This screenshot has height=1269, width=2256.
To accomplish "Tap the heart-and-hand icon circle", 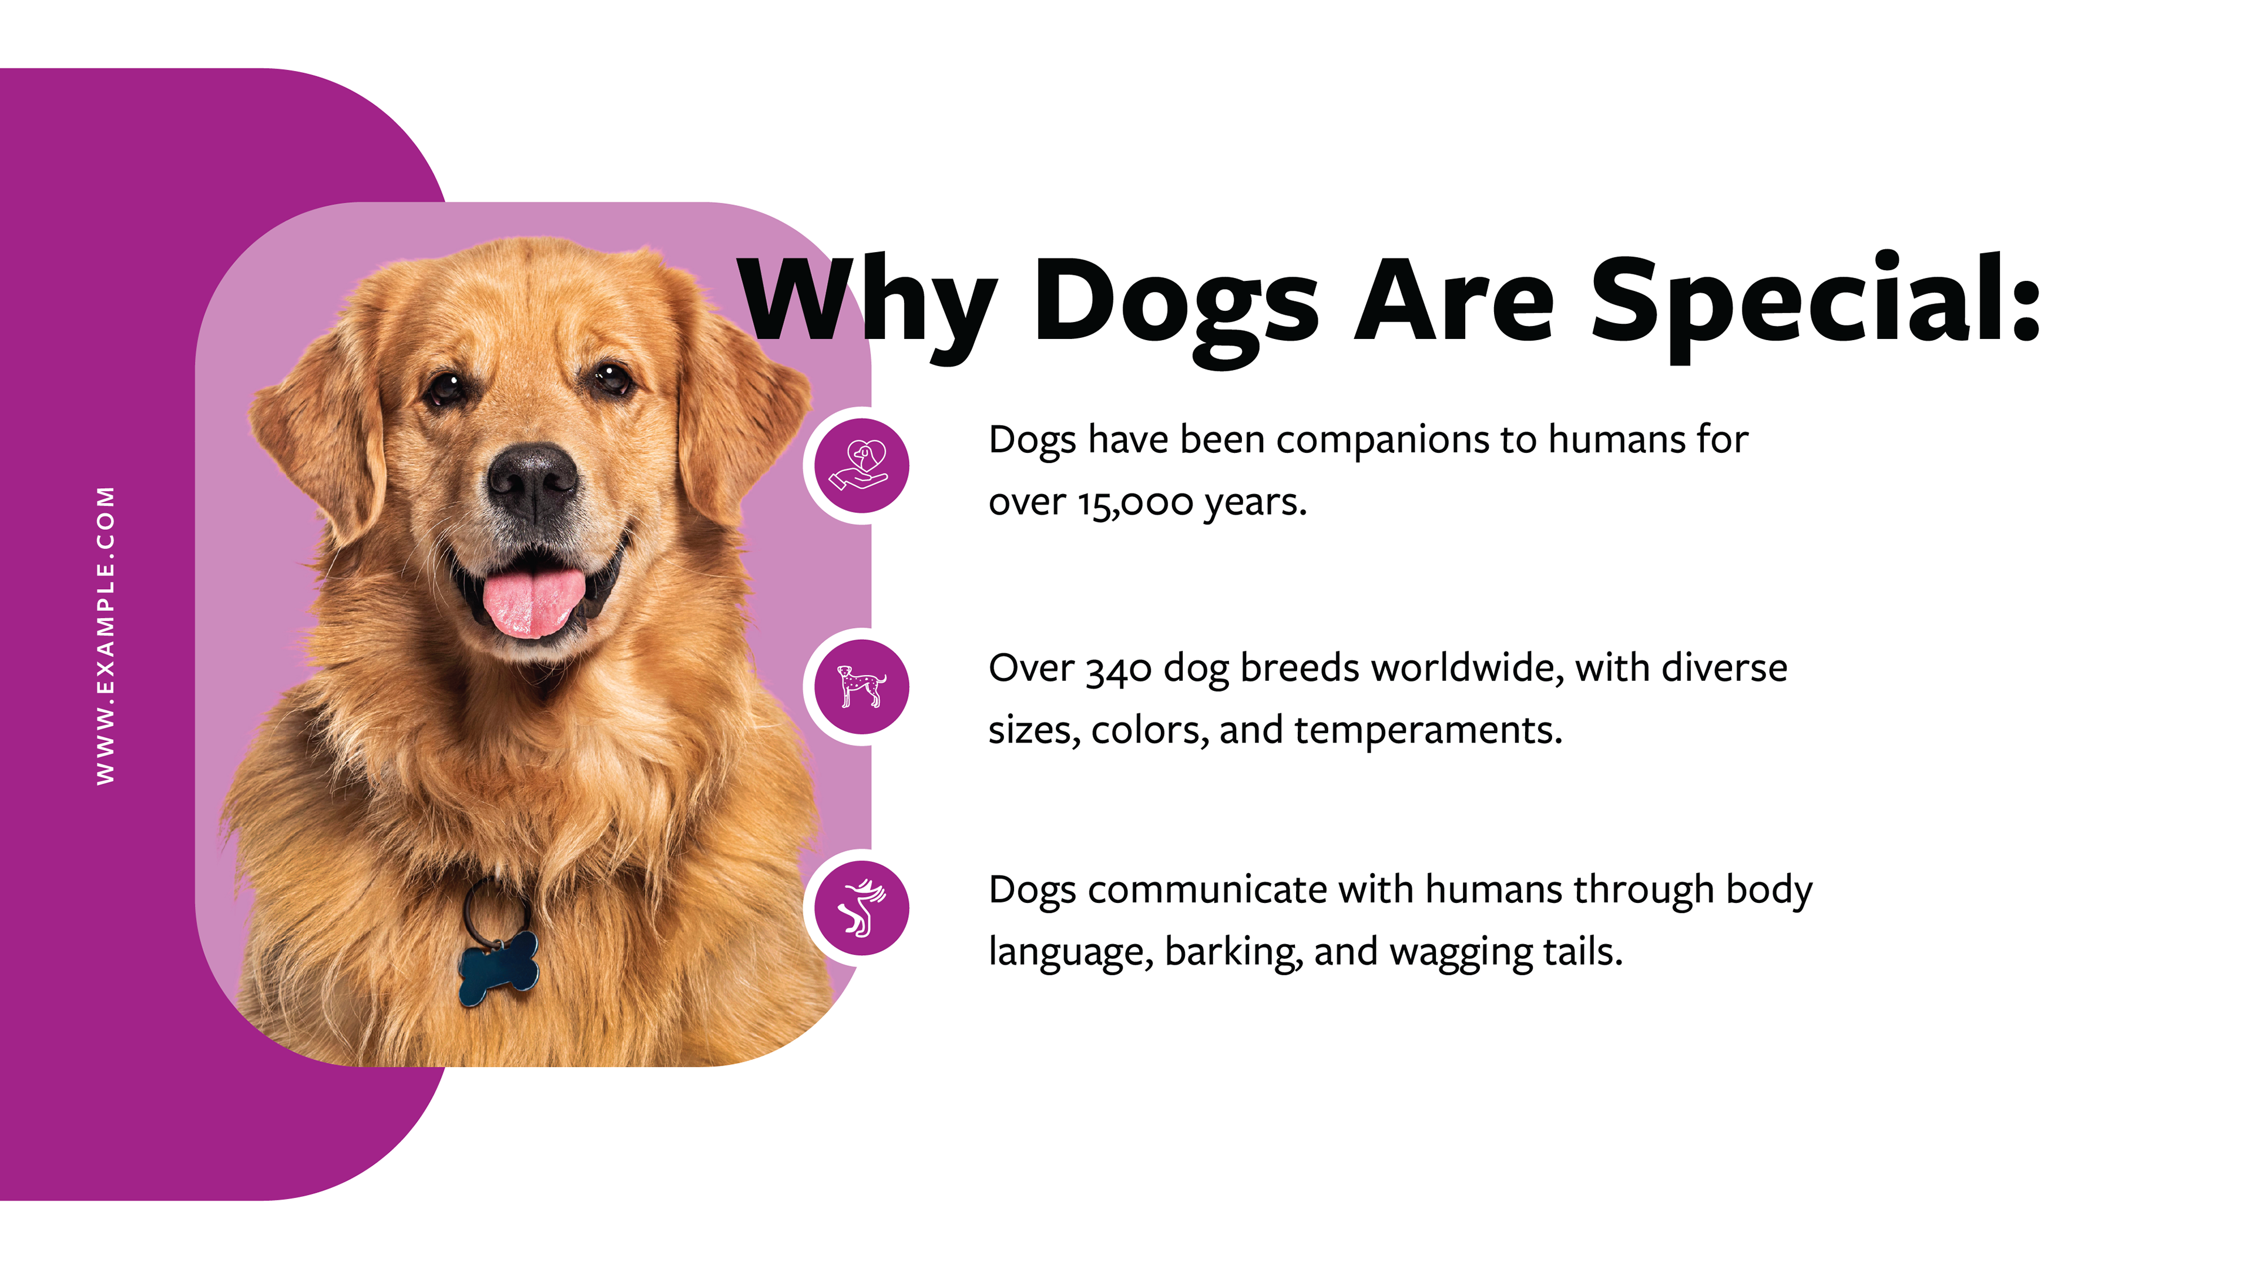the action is click(x=862, y=466).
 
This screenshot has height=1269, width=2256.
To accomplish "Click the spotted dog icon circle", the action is click(x=862, y=687).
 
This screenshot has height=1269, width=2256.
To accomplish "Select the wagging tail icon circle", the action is click(x=862, y=908).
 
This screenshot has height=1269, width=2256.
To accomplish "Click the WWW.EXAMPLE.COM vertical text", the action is click(x=105, y=635).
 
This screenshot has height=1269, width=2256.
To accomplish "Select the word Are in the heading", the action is click(x=1454, y=301).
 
